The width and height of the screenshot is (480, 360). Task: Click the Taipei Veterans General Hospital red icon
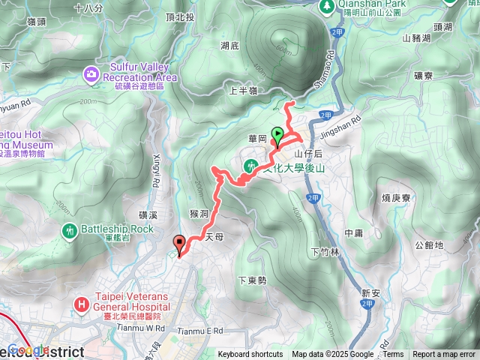click(x=82, y=304)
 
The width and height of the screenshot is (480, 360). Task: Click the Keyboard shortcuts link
click(x=250, y=355)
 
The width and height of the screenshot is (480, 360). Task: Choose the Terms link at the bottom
click(x=393, y=355)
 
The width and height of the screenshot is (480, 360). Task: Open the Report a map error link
click(x=444, y=355)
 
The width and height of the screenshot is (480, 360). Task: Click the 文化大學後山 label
click(x=295, y=168)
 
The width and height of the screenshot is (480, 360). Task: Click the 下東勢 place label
click(x=252, y=280)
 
